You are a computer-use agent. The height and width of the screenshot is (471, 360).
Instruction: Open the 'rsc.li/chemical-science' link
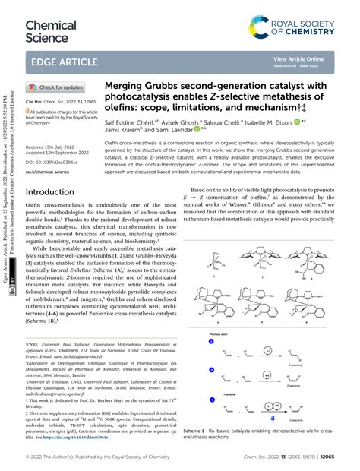[52, 171]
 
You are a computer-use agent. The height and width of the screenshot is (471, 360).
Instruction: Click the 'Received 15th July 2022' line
[55, 146]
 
